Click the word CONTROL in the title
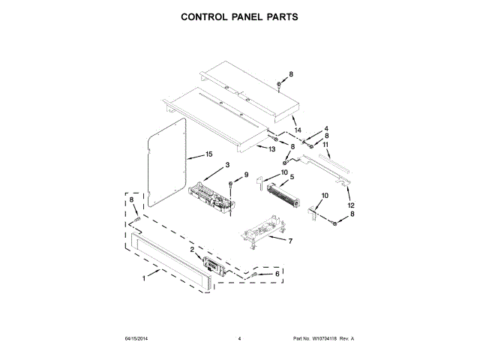[206, 16]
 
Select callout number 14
[298, 130]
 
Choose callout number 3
[227, 165]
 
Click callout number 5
[292, 177]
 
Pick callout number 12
[350, 205]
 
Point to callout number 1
[144, 279]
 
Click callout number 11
[326, 144]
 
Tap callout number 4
[326, 128]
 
